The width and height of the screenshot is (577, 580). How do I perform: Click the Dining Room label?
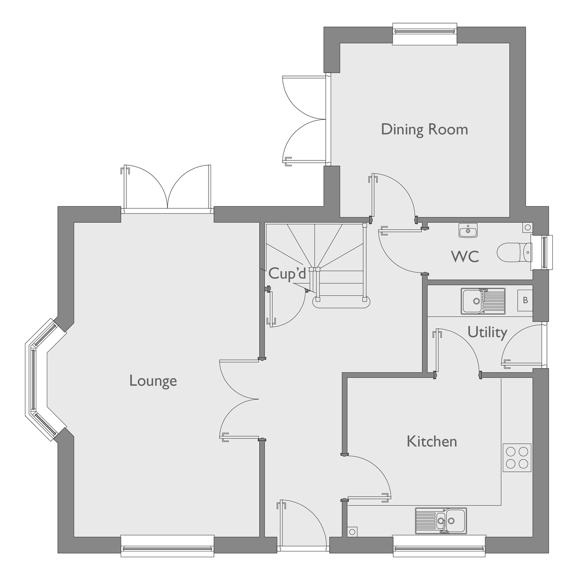[424, 130]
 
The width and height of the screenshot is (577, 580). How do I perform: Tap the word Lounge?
[153, 381]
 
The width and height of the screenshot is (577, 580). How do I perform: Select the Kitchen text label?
[432, 441]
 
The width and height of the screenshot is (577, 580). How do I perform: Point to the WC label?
[465, 256]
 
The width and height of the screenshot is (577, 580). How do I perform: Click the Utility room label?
[487, 332]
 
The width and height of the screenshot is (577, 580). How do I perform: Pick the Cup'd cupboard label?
[287, 274]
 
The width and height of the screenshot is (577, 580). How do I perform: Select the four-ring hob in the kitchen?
[516, 457]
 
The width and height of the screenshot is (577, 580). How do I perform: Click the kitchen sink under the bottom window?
[441, 521]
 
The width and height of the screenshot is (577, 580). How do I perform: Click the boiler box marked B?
[525, 301]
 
